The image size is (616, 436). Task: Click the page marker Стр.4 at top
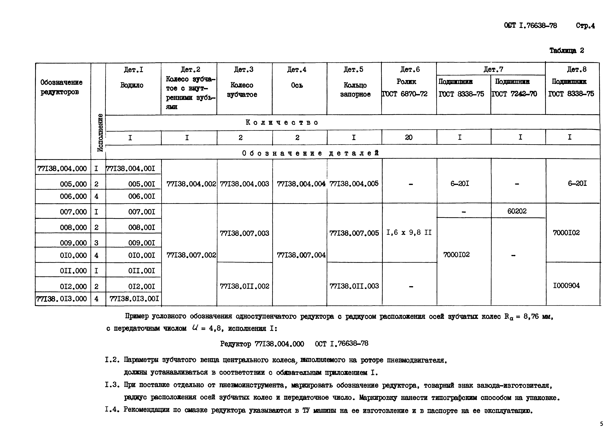point(585,26)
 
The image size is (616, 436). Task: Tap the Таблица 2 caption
point(566,51)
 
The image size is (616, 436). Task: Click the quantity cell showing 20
point(408,137)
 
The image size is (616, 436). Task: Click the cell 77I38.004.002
point(191,184)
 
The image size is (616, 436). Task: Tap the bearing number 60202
point(517,211)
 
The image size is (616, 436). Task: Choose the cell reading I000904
point(566,285)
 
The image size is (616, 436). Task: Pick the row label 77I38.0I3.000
point(62,299)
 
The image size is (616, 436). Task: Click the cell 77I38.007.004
point(301,255)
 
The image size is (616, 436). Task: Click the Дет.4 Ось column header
point(297,78)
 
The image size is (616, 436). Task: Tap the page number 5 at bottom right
point(601,424)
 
